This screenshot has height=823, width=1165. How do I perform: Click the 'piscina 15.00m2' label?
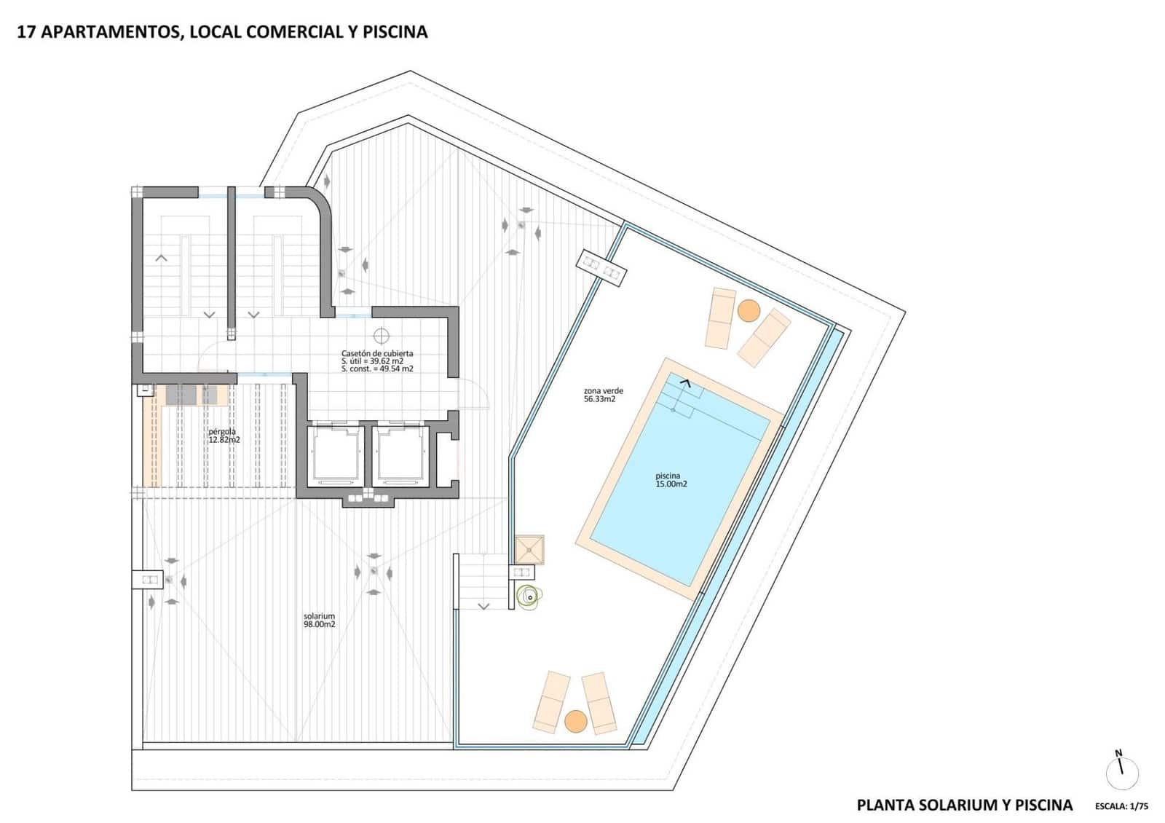pyautogui.click(x=671, y=480)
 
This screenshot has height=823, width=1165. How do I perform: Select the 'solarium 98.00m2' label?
pyautogui.click(x=319, y=621)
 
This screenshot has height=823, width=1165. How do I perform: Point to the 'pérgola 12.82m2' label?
pyautogui.click(x=224, y=436)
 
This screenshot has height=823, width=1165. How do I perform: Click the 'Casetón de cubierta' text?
pyautogui.click(x=376, y=353)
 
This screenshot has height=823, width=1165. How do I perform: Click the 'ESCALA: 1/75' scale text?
pyautogui.click(x=1121, y=806)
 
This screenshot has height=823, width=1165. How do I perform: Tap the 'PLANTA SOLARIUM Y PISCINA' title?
pyautogui.click(x=964, y=805)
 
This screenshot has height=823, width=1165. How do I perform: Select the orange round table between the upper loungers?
pyautogui.click(x=748, y=311)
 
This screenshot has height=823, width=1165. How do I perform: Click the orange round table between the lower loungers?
pyautogui.click(x=575, y=721)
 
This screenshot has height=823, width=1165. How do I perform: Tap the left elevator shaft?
pyautogui.click(x=335, y=455)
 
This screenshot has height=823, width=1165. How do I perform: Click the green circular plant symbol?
pyautogui.click(x=526, y=597)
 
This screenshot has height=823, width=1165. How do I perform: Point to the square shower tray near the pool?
pyautogui.click(x=529, y=550)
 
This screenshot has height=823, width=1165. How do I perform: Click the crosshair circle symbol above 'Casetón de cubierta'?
pyautogui.click(x=381, y=336)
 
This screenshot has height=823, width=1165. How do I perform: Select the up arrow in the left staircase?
pyautogui.click(x=161, y=258)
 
